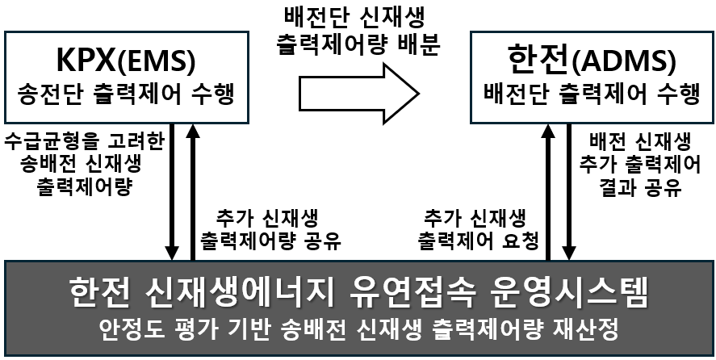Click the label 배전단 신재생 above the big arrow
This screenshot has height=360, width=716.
[x=358, y=16]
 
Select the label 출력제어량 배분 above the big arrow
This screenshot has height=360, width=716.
[x=358, y=44]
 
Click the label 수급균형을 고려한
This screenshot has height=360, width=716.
[x=85, y=142]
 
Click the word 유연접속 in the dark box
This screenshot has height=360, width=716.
[x=419, y=292]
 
